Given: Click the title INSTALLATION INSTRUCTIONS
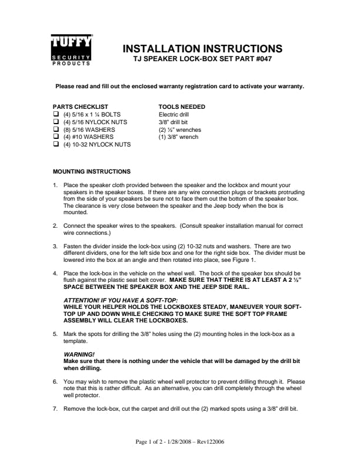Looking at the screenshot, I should point(202,49).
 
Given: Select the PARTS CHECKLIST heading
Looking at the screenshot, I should point(80,106).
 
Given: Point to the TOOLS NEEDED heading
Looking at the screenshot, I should point(182,106).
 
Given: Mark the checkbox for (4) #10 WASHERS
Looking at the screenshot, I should point(56,137).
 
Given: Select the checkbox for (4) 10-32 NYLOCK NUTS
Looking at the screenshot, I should point(56,144).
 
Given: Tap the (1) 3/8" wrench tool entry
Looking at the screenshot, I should point(178,137).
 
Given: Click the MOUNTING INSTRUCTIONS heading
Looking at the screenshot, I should point(92,172).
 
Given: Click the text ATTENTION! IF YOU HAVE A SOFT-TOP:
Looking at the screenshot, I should point(112,301).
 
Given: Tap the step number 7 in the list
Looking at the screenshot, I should point(55,408).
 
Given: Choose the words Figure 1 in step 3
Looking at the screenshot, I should point(243,260).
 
